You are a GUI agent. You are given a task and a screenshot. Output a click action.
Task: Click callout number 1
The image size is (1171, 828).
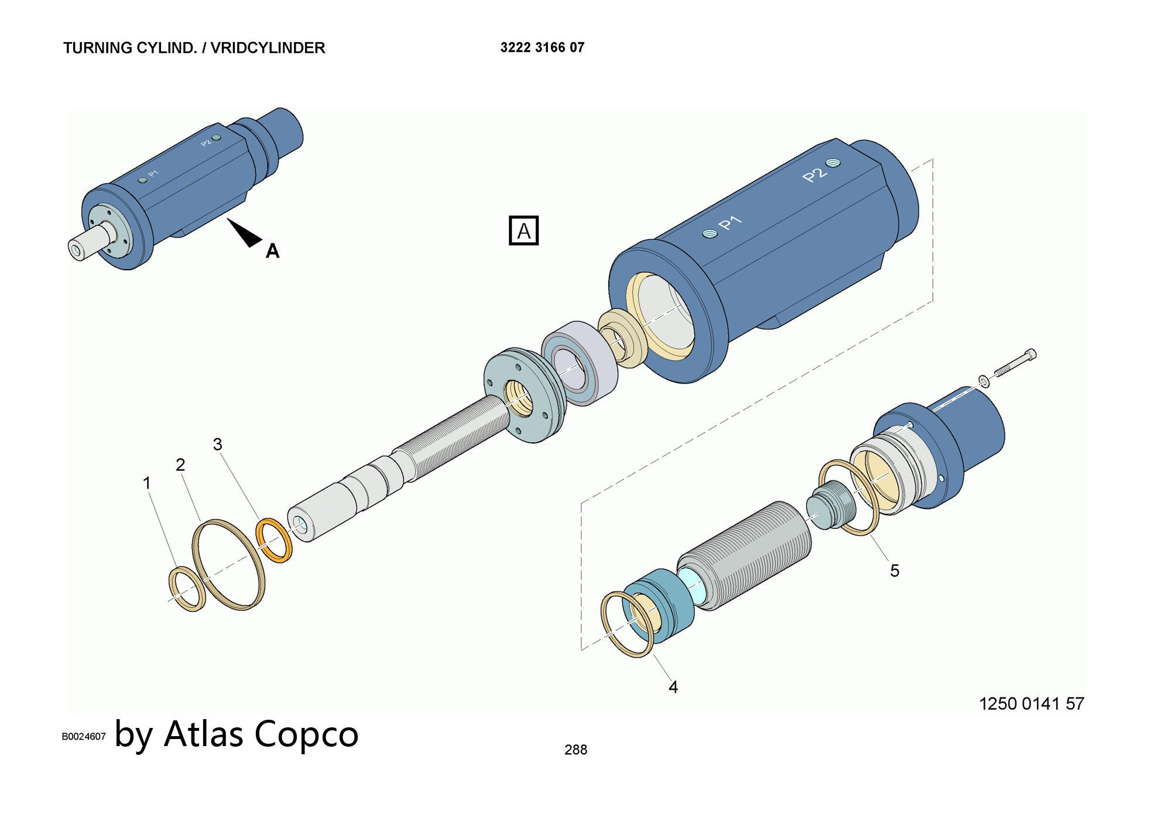point(147,483)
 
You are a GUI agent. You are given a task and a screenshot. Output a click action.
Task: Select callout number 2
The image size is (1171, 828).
point(180,464)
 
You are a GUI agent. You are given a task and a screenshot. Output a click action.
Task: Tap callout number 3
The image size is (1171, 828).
point(218,444)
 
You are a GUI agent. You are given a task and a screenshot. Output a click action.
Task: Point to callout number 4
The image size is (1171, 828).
point(673,687)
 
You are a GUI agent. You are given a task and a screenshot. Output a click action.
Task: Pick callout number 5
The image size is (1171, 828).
point(895,571)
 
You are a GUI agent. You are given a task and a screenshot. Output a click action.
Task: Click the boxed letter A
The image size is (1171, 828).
point(523,231)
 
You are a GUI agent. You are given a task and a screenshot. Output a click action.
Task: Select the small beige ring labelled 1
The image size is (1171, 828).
point(187,589)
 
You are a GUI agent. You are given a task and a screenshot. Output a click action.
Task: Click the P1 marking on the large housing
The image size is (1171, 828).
point(730,222)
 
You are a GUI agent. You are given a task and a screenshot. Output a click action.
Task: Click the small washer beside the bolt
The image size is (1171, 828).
point(984,382)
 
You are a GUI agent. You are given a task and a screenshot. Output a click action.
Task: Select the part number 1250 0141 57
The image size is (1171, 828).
point(1031,703)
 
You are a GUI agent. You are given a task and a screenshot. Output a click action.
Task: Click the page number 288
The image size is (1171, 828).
point(576,750)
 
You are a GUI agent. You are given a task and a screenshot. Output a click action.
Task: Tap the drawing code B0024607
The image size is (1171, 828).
point(84,737)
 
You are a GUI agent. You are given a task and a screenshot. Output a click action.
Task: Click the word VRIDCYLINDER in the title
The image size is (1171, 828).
point(268,48)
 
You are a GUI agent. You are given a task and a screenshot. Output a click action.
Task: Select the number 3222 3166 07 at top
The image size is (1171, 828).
point(542,47)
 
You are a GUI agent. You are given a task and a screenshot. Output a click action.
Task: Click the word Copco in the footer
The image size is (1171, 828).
point(306,734)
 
